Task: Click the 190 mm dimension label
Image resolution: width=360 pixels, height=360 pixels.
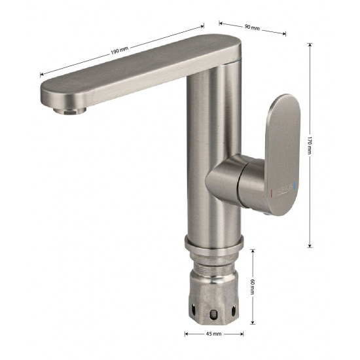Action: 119,50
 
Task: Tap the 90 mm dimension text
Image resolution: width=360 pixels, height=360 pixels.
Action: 252,27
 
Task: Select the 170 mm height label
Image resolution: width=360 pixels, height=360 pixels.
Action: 309,145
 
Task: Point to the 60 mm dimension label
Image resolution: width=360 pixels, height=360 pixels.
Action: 252,287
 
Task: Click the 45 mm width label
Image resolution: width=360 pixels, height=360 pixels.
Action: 214,334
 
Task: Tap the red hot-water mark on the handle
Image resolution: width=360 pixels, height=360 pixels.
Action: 272,192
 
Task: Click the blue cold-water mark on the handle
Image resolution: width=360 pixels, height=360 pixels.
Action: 295,187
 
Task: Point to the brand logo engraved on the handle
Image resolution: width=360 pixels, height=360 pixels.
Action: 283,190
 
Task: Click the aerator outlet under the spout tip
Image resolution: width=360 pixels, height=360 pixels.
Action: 69,111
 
